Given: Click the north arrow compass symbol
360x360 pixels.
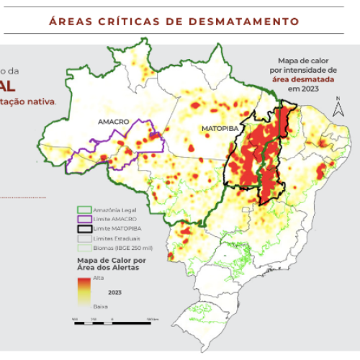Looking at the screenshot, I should coord(336,109).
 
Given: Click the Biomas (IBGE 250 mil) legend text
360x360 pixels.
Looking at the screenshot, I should coord(121,246).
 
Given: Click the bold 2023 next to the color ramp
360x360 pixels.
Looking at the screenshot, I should coord(114,293).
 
